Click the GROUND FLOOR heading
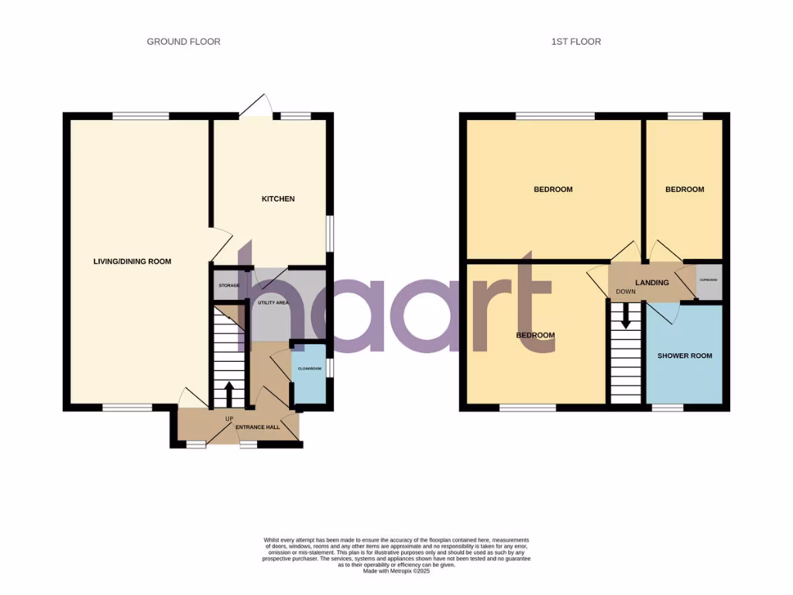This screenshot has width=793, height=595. [184, 42]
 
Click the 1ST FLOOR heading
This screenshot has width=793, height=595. [575, 42]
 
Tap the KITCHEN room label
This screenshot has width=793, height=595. [277, 199]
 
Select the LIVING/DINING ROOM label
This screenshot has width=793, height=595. [132, 262]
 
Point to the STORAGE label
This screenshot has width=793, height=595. [228, 286]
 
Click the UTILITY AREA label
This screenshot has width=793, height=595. [273, 302]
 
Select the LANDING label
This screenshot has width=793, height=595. [651, 283]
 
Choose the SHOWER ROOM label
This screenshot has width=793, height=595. [684, 356]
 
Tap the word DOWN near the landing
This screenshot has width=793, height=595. [625, 292]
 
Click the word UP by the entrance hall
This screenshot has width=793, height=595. [228, 419]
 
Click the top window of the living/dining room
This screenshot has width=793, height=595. [140, 116]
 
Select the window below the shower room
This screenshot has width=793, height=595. [667, 407]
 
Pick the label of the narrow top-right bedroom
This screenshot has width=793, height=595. [685, 190]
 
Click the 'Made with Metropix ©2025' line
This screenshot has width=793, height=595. [396, 571]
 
